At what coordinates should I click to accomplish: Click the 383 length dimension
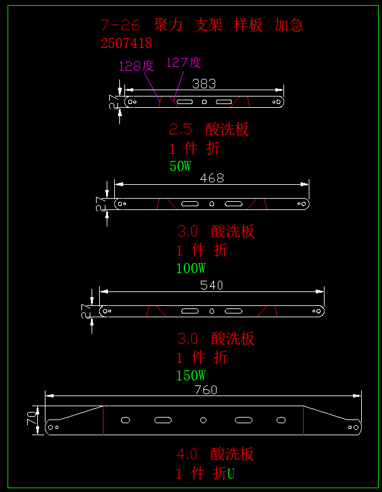(x=204, y=84)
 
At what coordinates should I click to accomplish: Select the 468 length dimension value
(x=212, y=179)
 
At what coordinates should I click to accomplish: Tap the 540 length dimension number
(x=212, y=285)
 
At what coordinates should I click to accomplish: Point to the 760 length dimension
(x=206, y=390)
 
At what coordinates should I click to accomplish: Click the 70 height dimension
(x=32, y=418)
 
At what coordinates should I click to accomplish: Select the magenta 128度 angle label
(x=136, y=66)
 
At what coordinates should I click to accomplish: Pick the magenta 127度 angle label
(x=184, y=62)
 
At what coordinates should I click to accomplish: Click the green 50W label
(x=181, y=166)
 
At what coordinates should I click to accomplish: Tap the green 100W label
(x=191, y=268)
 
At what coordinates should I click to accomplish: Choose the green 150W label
(x=191, y=375)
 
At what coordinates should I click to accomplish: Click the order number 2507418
(x=126, y=44)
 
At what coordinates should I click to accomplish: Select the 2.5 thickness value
(x=181, y=129)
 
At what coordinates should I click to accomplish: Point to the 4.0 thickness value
(x=187, y=454)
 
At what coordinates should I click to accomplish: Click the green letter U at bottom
(x=231, y=474)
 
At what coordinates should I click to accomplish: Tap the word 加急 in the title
(x=289, y=25)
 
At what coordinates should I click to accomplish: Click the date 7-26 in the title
(x=120, y=25)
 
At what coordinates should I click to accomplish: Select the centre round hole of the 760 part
(x=203, y=420)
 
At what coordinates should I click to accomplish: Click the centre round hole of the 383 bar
(x=204, y=102)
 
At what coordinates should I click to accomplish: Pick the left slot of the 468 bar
(x=190, y=204)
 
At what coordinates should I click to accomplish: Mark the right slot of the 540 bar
(x=234, y=311)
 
